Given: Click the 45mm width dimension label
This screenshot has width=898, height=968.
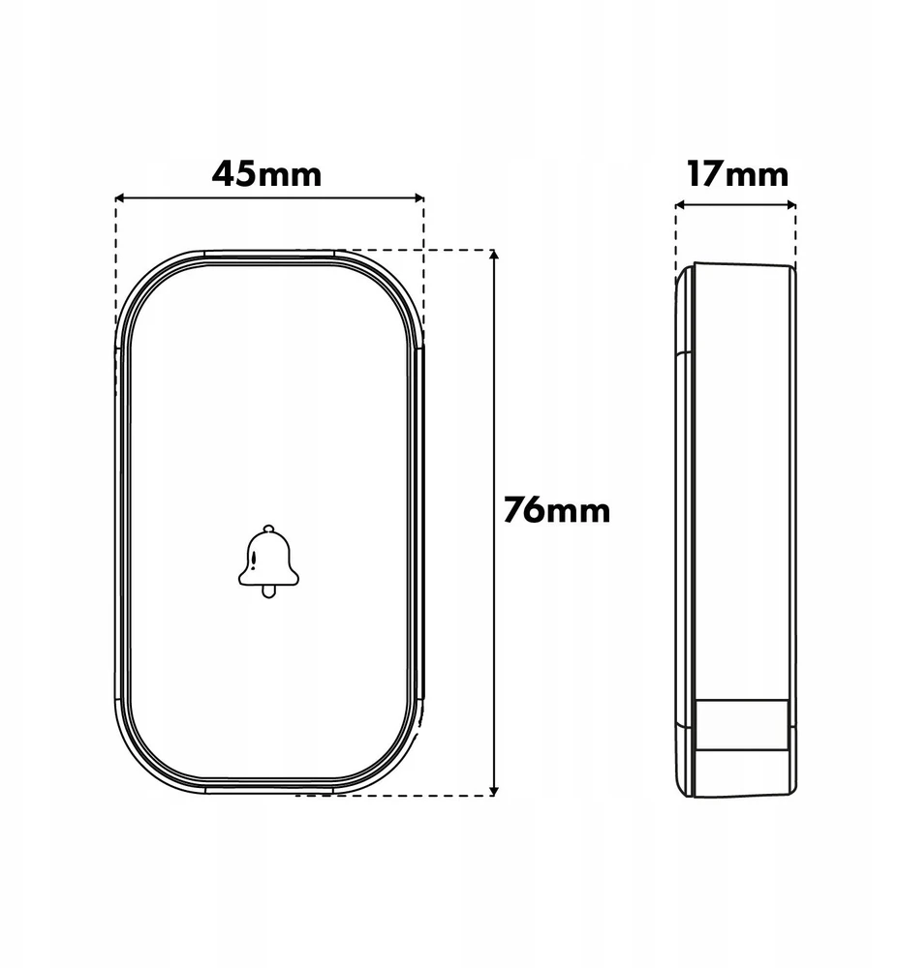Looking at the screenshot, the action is point(266,174).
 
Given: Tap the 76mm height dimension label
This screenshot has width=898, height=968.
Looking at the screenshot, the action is point(556,510).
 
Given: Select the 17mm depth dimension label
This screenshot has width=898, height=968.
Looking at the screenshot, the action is point(738,174).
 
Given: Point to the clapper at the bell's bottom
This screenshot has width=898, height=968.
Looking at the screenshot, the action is point(268,591).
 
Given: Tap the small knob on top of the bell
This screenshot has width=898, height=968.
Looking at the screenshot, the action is point(268,529).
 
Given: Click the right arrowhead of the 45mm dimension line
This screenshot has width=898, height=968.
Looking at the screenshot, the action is point(418,197).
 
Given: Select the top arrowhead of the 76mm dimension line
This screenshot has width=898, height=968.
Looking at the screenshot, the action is point(493,256).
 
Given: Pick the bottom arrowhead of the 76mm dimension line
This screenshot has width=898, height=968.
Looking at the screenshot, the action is point(493,790).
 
